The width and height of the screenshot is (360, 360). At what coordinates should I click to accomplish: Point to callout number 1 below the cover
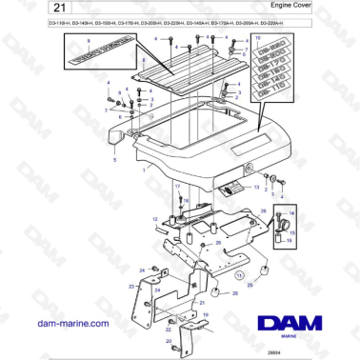coord(145,170)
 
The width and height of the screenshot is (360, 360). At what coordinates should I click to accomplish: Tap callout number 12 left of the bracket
coord(154,218)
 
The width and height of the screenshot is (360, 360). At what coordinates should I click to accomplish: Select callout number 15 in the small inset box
coord(293,232)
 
